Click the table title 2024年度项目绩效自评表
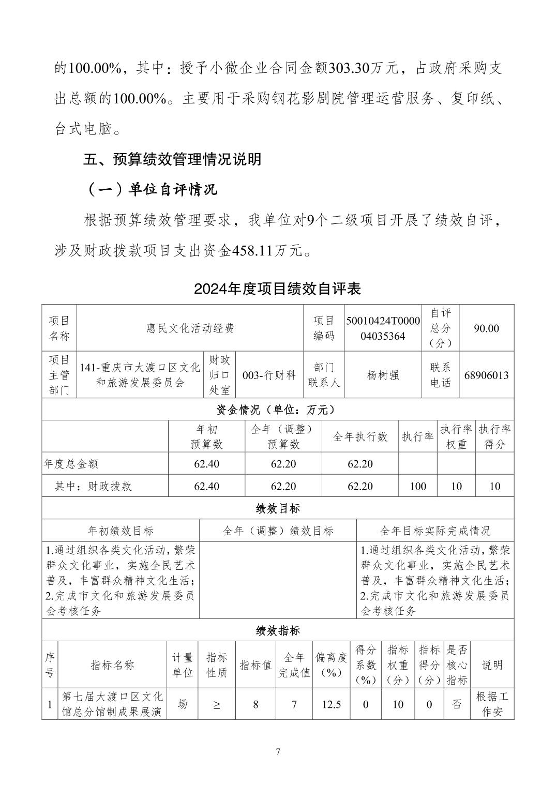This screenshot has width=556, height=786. [x=277, y=289]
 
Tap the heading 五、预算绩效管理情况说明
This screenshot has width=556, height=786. [x=172, y=159]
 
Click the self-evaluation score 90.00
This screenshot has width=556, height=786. [x=486, y=328]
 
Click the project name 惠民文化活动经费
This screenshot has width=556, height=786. [x=190, y=328]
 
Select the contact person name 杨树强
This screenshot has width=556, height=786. [x=383, y=375]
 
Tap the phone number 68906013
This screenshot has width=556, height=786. [x=486, y=375]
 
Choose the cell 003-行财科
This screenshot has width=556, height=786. [x=269, y=375]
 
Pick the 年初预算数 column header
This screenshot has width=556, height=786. [x=206, y=437]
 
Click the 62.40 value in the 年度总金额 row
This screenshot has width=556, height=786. [x=206, y=464]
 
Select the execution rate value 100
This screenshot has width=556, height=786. [x=417, y=486]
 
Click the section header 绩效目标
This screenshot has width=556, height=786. [x=278, y=508]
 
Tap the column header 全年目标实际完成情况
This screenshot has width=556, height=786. [x=435, y=531]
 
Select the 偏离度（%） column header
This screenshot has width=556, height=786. [x=332, y=665]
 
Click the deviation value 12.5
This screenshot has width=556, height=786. [x=332, y=704]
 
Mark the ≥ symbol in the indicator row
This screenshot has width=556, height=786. [x=216, y=704]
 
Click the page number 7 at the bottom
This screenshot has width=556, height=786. [x=278, y=752]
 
